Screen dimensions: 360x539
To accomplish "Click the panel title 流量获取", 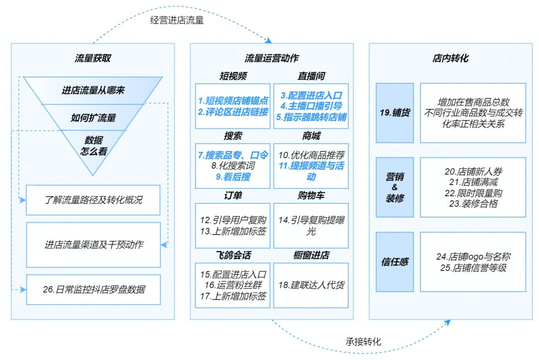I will [x=93, y=58].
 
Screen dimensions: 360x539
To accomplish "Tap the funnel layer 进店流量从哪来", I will [x=93, y=90].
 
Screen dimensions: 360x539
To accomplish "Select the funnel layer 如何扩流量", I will [x=93, y=118].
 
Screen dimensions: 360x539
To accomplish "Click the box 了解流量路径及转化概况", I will [x=93, y=201].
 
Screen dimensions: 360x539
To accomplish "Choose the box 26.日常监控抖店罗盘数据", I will [x=93, y=289].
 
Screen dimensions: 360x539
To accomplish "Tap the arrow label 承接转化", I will [x=363, y=342].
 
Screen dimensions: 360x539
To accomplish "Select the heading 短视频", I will [x=233, y=76].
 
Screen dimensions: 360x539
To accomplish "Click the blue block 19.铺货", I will [x=395, y=113].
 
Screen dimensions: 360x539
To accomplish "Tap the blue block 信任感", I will [x=395, y=262].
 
